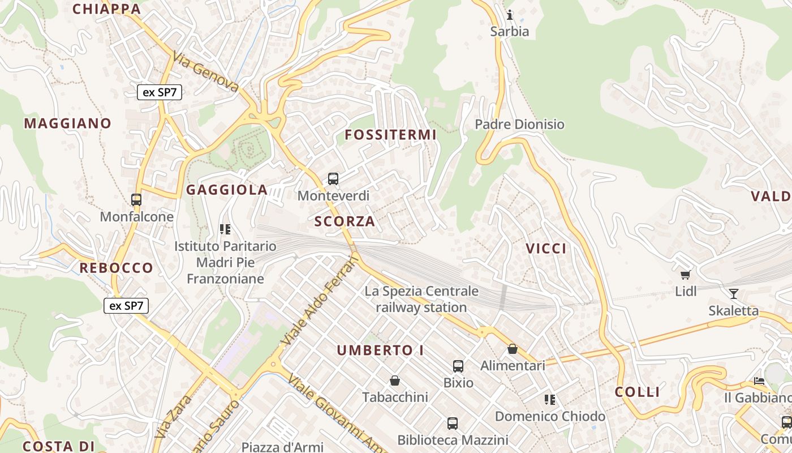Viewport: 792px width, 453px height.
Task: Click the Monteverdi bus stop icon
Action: pyautogui.click(x=333, y=179)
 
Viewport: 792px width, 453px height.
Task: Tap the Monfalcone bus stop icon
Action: pyautogui.click(x=136, y=199)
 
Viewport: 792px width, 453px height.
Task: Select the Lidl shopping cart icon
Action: pyautogui.click(x=686, y=275)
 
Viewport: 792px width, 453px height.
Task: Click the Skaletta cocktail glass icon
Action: pyautogui.click(x=734, y=293)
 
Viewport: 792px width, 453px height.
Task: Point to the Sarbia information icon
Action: pyautogui.click(x=510, y=14)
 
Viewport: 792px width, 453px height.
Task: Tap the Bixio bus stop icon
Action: pyautogui.click(x=458, y=366)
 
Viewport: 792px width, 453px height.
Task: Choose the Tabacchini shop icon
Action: pyautogui.click(x=395, y=381)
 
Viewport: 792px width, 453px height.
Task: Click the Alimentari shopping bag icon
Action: pyautogui.click(x=513, y=349)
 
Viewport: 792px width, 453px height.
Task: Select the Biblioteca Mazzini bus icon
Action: pyautogui.click(x=453, y=423)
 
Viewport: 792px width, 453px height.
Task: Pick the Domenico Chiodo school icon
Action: pyautogui.click(x=550, y=400)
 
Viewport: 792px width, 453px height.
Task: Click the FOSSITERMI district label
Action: pyautogui.click(x=391, y=135)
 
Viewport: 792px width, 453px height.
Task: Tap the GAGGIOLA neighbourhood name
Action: pyautogui.click(x=227, y=190)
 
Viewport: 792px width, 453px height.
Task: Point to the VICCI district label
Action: pyautogui.click(x=546, y=249)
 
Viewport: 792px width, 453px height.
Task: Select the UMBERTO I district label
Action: pyautogui.click(x=381, y=351)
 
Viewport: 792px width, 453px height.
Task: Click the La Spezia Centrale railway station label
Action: pyautogui.click(x=421, y=300)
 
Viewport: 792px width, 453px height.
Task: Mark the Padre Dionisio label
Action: pyautogui.click(x=519, y=124)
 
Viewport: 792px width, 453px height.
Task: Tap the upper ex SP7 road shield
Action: pyautogui.click(x=160, y=92)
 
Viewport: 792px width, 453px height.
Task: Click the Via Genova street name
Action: pyautogui.click(x=206, y=72)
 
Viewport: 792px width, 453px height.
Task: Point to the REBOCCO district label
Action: pyautogui.click(x=117, y=268)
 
